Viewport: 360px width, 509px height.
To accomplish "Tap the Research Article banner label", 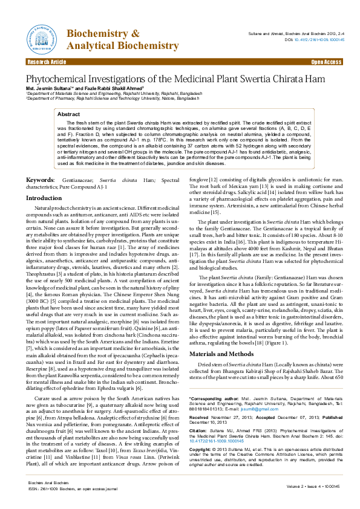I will pyautogui.click(x=47, y=62).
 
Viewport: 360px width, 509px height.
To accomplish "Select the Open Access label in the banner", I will pyautogui.click(x=326, y=62).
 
